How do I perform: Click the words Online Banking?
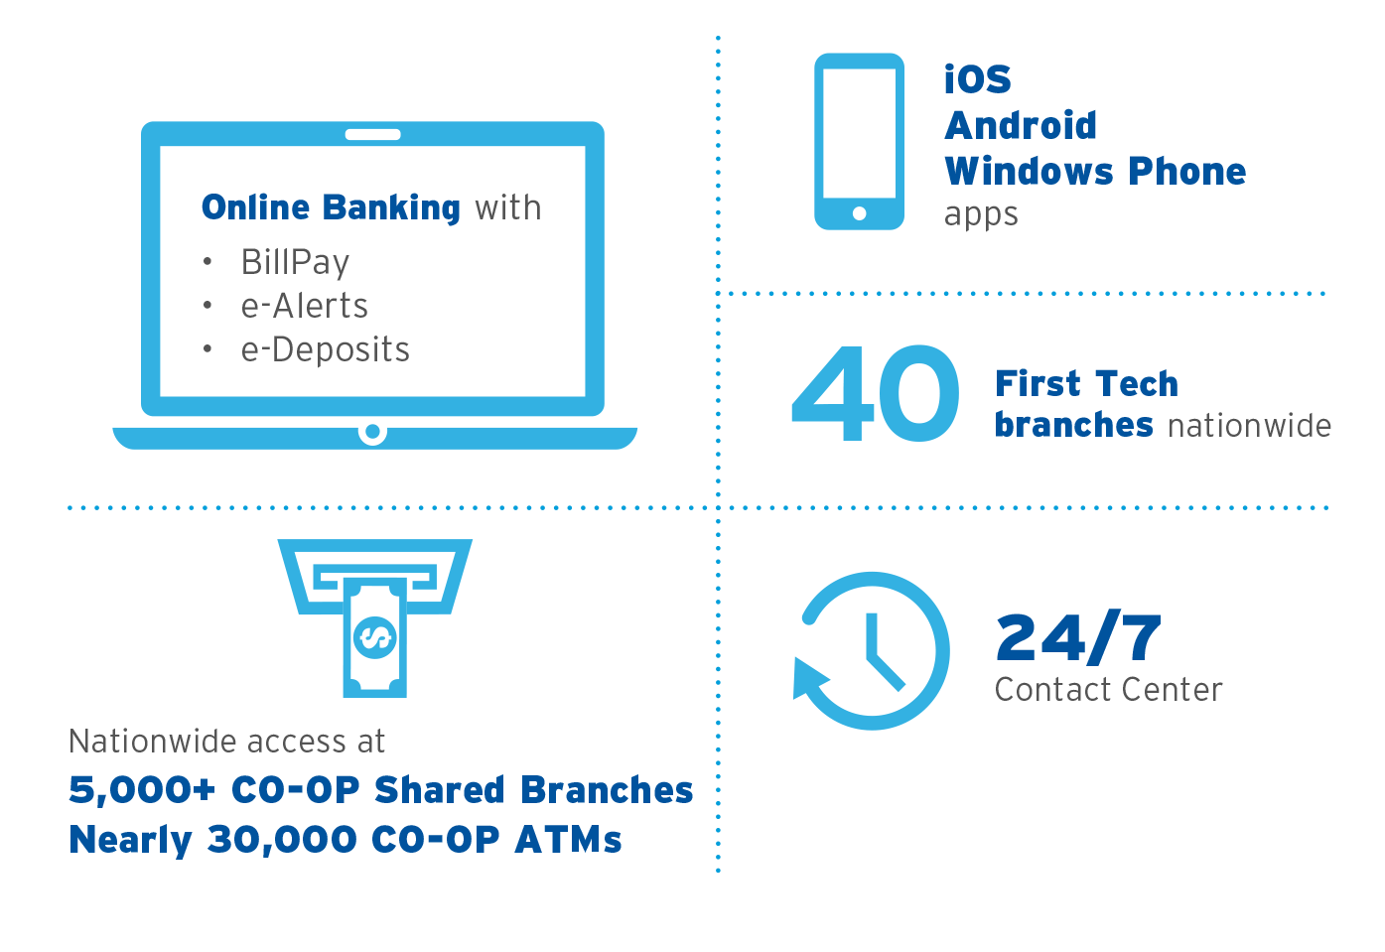point(331,207)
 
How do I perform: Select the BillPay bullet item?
point(295,262)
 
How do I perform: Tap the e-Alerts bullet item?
point(304,306)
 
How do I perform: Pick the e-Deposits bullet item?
point(326,349)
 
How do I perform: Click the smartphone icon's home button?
point(860,213)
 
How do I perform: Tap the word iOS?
point(978,79)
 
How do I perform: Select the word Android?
point(1021,125)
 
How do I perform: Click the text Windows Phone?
point(1095,171)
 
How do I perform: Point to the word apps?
point(981,215)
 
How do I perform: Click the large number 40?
point(876,393)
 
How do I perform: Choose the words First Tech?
point(1086,383)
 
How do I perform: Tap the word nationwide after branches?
point(1250,425)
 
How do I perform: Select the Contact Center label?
point(1108,689)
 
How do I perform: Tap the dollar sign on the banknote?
point(374,637)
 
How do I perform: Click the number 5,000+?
point(142,790)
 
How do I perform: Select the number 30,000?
point(282,840)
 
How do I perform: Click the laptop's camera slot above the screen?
point(373,135)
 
